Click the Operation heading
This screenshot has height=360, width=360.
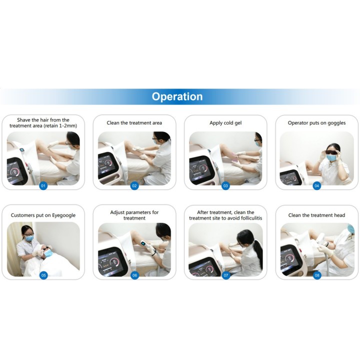pos(177,96)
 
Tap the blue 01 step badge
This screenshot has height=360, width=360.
pos(43,185)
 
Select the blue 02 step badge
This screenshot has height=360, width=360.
pos(134,185)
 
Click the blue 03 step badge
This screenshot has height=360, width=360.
pos(225,185)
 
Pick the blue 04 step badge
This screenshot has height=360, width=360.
pos(317,185)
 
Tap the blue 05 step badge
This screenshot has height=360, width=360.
pos(43,275)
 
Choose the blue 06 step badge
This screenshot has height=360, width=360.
pos(134,275)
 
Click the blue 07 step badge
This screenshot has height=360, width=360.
pos(226,275)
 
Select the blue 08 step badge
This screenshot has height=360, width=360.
pos(317,275)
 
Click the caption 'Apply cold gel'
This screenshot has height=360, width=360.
pos(225,123)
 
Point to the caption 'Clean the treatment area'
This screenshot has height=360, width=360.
pos(134,123)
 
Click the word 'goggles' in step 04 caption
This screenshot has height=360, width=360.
pos(336,123)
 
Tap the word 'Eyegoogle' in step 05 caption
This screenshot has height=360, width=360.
pos(64,215)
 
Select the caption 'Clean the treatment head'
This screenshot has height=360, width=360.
pos(316,215)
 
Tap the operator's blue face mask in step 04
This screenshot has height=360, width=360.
pos(331,157)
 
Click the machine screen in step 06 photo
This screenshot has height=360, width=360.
pos(109,261)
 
